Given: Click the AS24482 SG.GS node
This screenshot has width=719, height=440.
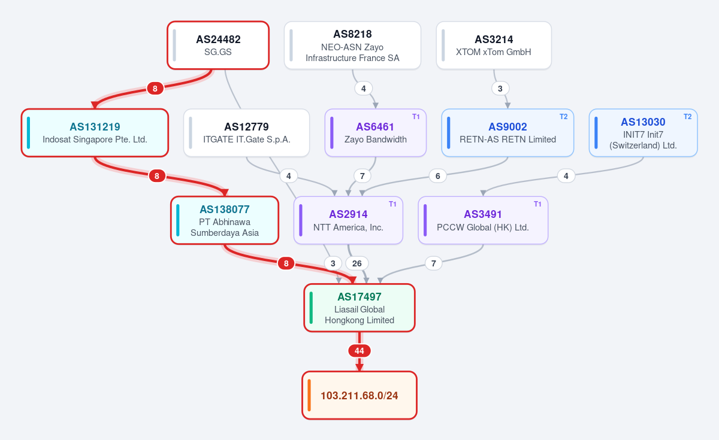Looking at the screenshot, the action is click(x=218, y=45).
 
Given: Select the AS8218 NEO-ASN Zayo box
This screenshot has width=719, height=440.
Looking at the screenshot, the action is click(x=352, y=45).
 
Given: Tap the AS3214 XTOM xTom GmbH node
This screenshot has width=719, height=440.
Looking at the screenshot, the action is click(x=494, y=45).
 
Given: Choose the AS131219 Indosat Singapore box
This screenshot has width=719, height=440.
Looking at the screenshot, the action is click(x=95, y=133).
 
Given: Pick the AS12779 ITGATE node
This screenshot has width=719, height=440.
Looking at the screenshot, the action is click(x=246, y=133).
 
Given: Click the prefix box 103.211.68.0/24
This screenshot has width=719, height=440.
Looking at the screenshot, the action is click(x=359, y=395).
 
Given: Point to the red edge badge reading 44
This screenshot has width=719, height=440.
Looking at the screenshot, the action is click(x=359, y=351).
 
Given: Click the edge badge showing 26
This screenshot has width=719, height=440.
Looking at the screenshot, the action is click(x=357, y=263).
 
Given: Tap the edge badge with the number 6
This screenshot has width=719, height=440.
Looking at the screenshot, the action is click(x=438, y=176).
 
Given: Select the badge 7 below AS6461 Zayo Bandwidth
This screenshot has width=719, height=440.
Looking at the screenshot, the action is click(x=362, y=176).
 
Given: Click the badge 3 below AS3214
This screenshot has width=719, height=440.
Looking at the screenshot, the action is click(x=500, y=89).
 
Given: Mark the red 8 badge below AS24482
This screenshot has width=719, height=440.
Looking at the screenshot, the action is click(x=155, y=89).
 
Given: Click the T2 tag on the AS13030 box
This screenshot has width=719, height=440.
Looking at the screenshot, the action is click(x=688, y=117).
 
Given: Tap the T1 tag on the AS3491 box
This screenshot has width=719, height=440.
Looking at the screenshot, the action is click(x=537, y=204).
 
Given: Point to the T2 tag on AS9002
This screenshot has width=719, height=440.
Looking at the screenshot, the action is click(x=564, y=117).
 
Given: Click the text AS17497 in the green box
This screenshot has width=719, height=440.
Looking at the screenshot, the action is click(x=359, y=297).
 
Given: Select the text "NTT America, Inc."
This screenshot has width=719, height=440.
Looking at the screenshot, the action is click(x=348, y=227).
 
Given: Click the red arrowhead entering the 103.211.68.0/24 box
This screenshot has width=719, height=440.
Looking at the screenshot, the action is click(x=359, y=368).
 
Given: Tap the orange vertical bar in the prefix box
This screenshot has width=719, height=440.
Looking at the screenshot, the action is click(x=309, y=395).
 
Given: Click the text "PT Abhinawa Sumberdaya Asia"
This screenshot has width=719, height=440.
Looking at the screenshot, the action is click(x=225, y=227).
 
